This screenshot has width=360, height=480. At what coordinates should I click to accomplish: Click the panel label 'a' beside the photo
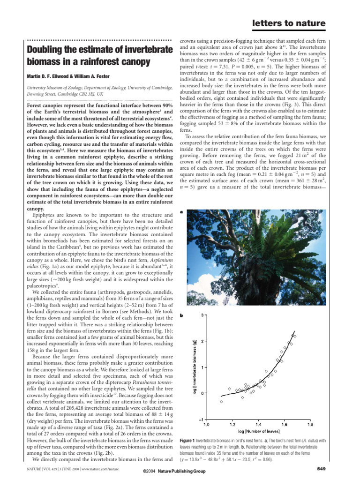point(181,212)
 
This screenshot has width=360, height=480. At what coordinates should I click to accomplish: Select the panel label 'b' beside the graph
point(181,315)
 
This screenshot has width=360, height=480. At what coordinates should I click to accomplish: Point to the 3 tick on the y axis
point(202,315)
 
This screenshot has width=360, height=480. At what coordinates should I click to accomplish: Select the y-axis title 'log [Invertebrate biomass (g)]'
point(195,367)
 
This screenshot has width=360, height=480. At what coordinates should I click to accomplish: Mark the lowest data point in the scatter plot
point(222,402)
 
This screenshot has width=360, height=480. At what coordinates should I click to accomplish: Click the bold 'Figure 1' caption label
point(189,441)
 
